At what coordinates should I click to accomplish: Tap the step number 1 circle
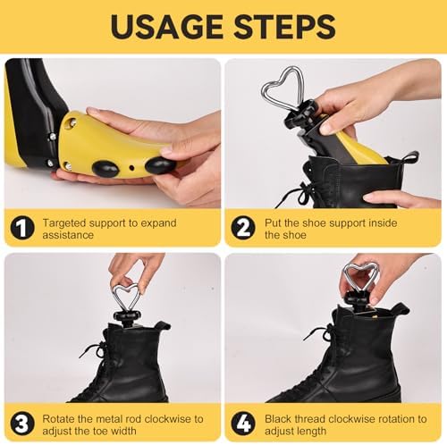coord(22,228)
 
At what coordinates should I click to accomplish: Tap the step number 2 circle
coord(243,228)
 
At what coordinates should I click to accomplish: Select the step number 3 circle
coord(22,424)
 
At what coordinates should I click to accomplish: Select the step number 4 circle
coord(243,424)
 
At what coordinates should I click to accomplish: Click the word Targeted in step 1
coord(64,223)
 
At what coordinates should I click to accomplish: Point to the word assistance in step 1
coord(68,235)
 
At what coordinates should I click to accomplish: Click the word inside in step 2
coord(383,222)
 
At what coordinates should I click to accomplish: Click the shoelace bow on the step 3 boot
coord(95,350)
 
